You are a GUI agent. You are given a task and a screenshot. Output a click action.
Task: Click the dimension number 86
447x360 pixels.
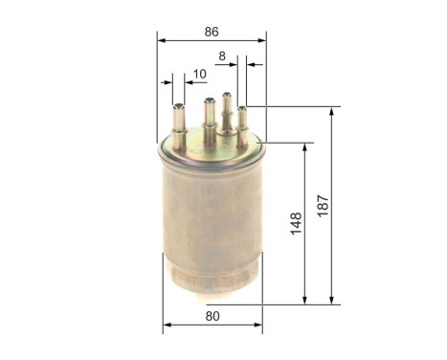point(210,31)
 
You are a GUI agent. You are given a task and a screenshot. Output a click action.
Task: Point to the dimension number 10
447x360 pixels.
point(200,74)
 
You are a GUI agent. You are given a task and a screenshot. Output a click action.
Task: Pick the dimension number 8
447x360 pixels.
point(223,56)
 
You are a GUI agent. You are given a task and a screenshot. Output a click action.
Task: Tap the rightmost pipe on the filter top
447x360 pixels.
point(242,122)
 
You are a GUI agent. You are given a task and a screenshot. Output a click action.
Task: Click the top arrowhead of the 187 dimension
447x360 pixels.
point(331,112)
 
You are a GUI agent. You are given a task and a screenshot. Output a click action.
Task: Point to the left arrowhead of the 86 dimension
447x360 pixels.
point(162,41)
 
